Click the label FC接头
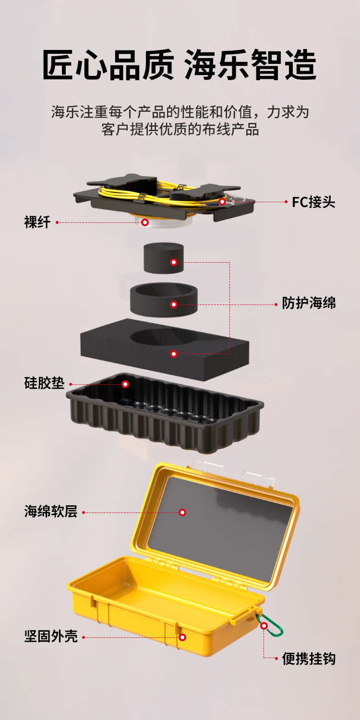click(x=313, y=202)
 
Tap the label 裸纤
click(x=37, y=222)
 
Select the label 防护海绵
click(x=308, y=304)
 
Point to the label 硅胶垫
click(x=44, y=384)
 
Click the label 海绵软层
click(x=50, y=512)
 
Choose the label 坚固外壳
click(x=50, y=637)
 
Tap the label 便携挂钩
click(x=308, y=659)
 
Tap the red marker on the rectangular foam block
click(x=174, y=354)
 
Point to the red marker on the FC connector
click(x=222, y=202)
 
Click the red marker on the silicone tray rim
click(x=125, y=384)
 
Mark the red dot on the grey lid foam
click(x=182, y=513)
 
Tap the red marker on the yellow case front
click(x=182, y=637)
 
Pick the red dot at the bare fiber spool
click(x=144, y=222)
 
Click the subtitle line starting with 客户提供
click(x=180, y=130)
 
